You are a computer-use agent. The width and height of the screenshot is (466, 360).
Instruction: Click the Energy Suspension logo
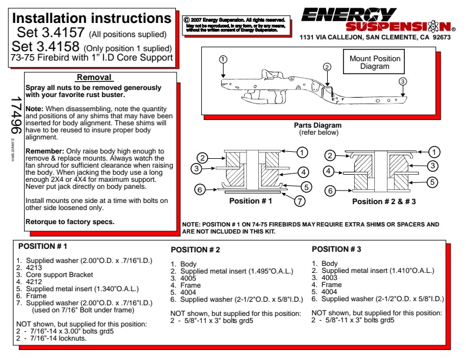click(377, 20)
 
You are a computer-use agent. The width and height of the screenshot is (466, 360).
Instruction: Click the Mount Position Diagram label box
click(375, 62)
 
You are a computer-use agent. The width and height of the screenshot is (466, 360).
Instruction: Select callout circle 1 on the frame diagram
click(222, 59)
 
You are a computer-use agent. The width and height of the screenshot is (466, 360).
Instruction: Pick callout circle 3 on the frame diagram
click(402, 81)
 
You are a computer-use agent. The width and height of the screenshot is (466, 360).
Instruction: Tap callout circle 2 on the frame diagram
click(327, 67)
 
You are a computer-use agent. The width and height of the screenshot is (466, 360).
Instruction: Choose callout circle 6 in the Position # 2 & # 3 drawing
click(331, 191)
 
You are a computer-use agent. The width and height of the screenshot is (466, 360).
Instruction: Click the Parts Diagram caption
click(317, 125)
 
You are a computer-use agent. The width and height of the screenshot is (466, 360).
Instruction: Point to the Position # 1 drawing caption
click(251, 201)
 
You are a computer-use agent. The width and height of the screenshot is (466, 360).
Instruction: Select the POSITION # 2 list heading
click(195, 250)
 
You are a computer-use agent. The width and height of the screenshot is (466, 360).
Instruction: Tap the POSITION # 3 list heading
click(336, 249)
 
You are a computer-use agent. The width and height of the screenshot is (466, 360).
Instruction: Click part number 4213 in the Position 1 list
click(34, 267)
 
